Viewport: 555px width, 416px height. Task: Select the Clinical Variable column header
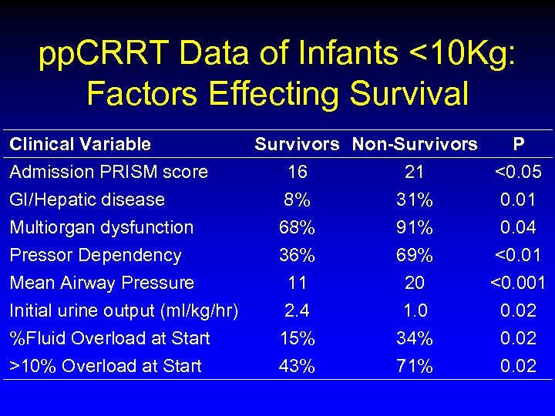click(x=80, y=144)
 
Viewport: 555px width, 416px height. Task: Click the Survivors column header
click(x=297, y=144)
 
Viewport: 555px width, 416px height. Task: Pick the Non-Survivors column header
click(x=415, y=144)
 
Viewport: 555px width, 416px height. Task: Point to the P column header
click(x=519, y=144)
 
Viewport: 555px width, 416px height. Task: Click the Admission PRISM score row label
click(x=108, y=172)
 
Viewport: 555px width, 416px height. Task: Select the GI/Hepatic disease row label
click(x=87, y=200)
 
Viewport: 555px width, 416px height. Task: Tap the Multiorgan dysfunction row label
click(x=101, y=227)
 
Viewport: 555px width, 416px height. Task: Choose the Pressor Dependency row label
click(x=96, y=255)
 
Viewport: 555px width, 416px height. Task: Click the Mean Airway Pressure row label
click(x=102, y=283)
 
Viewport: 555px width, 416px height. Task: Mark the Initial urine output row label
click(x=124, y=310)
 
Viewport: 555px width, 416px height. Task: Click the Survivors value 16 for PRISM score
click(x=297, y=172)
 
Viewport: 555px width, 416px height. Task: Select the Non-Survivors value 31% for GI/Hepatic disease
click(x=415, y=200)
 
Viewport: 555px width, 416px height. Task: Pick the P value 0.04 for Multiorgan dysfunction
click(x=519, y=227)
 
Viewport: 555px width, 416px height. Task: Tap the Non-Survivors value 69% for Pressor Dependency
click(x=415, y=255)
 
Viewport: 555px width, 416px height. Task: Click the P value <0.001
click(x=518, y=283)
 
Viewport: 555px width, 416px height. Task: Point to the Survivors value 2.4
click(x=297, y=310)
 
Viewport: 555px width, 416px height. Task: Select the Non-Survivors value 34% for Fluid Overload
click(x=415, y=338)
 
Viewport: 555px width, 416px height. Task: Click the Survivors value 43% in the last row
click(x=297, y=366)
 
